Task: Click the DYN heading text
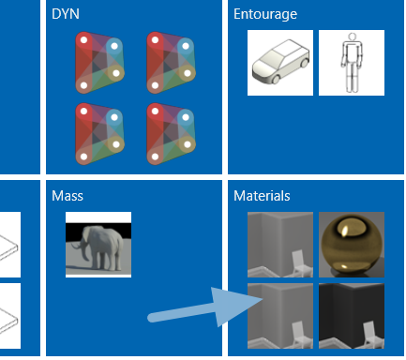click(66, 14)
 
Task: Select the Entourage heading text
click(265, 14)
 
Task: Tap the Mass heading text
click(68, 196)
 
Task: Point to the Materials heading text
click(262, 196)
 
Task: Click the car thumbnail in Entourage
click(280, 63)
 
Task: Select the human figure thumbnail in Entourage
click(352, 63)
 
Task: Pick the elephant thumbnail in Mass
click(98, 245)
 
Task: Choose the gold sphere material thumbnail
click(352, 245)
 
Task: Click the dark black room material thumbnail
click(352, 316)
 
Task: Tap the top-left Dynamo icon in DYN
click(99, 63)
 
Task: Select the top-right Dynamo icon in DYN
click(171, 63)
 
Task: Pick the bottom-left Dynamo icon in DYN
click(99, 134)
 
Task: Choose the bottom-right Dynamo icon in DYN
click(171, 134)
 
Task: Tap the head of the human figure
click(353, 37)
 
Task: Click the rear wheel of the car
click(304, 64)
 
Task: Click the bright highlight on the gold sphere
click(345, 232)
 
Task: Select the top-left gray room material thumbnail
click(280, 245)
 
